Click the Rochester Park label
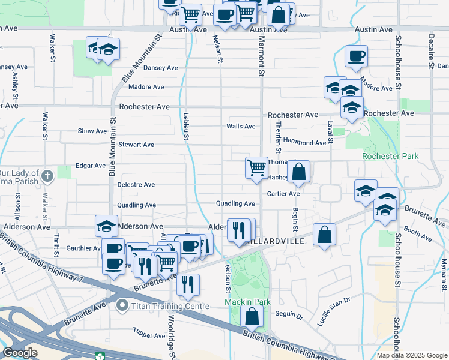[x=390, y=157]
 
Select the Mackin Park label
[x=248, y=302]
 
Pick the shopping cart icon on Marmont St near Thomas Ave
[x=256, y=167]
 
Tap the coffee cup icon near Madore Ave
[x=356, y=56]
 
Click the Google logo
[x=20, y=353]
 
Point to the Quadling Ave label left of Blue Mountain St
[x=137, y=205]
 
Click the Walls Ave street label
[x=241, y=127]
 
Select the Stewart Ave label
[x=136, y=145]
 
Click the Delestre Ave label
[x=136, y=185]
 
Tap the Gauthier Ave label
[x=83, y=248]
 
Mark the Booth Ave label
[x=418, y=234]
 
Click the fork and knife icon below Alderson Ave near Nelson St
[x=239, y=229]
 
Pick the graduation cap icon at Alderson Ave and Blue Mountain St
[x=106, y=226]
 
